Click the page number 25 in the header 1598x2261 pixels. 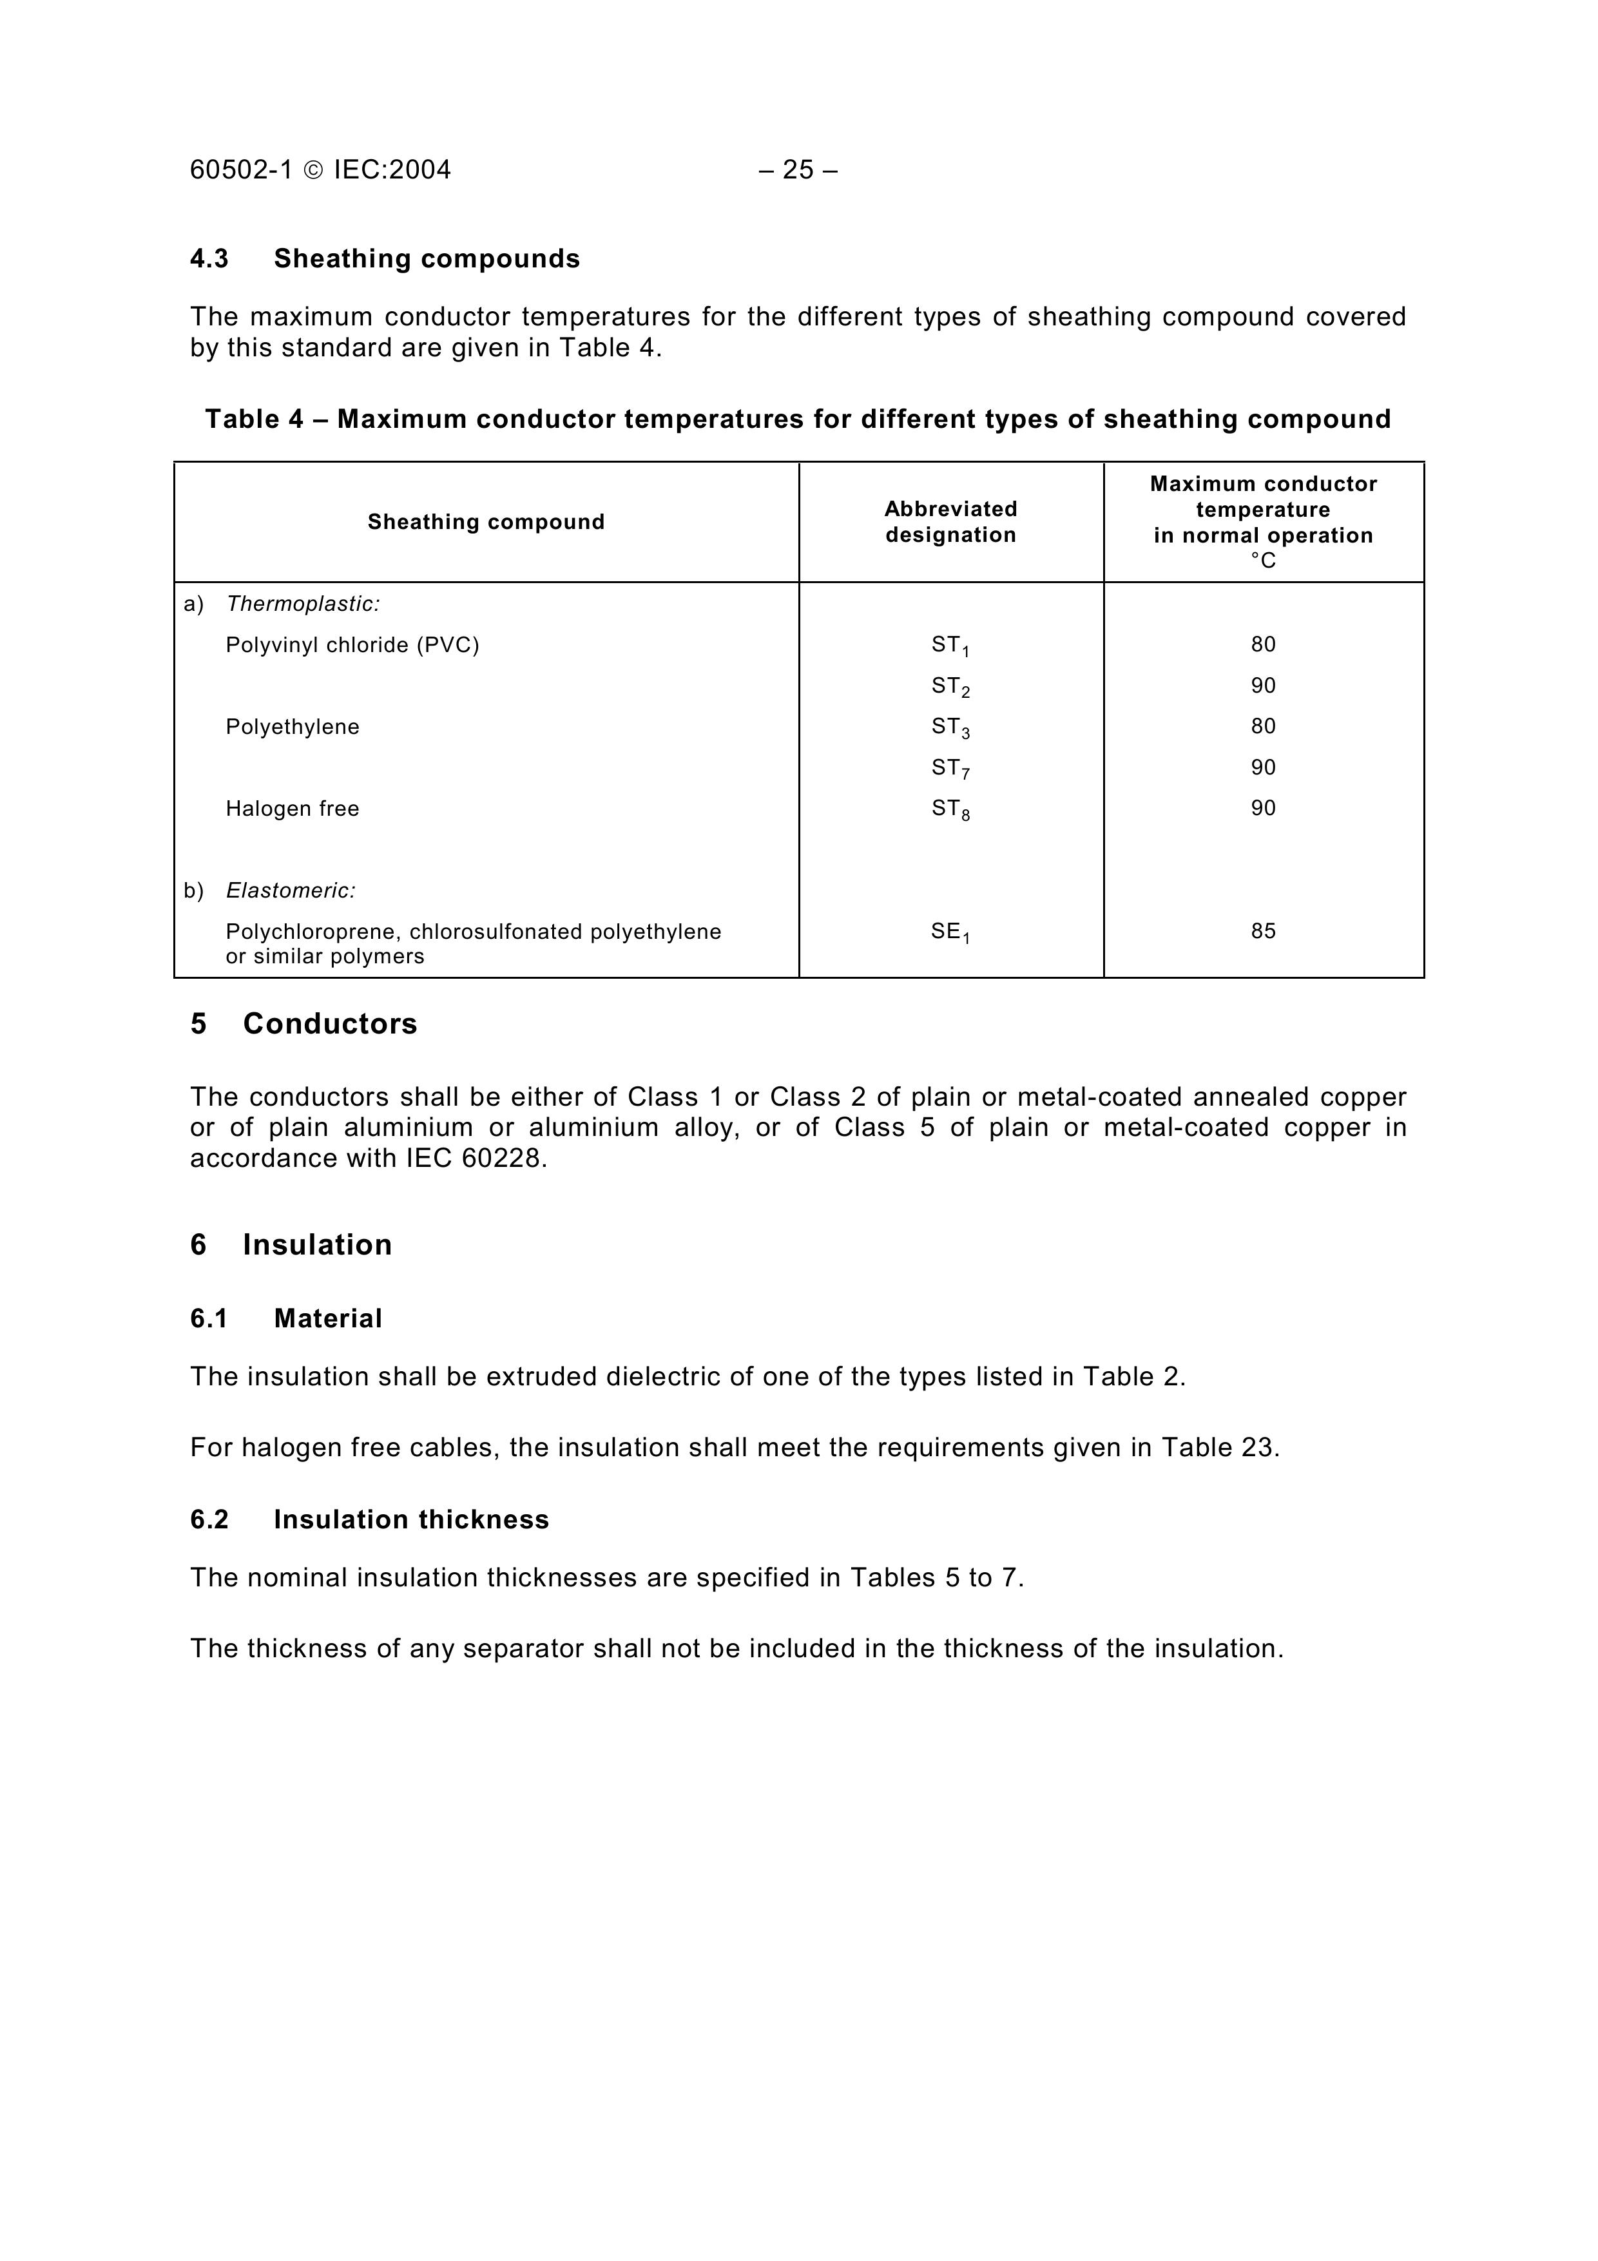coord(798,170)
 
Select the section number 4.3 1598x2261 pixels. coord(209,259)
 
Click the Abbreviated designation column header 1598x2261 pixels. coord(950,522)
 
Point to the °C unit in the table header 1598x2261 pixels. coord(1262,561)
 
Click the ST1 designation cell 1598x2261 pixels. coord(950,646)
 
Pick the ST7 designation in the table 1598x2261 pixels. coord(950,768)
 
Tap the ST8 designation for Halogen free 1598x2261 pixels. coord(950,809)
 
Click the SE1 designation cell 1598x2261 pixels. coord(950,932)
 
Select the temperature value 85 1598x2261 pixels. coord(1262,932)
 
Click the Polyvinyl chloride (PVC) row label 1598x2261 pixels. coord(352,645)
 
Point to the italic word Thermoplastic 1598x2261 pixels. coord(302,604)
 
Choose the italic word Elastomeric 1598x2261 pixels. coord(291,891)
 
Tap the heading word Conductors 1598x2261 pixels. coord(330,1024)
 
